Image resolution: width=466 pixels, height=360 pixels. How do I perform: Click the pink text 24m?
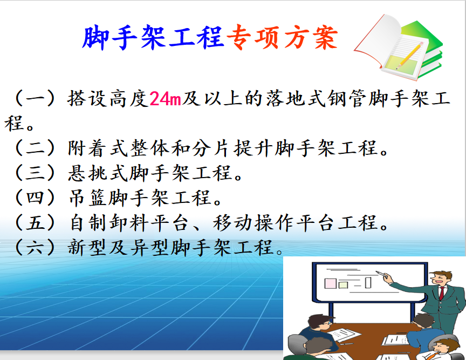pyautogui.click(x=165, y=99)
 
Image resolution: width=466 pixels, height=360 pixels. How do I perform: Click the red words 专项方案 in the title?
pyautogui.click(x=282, y=37)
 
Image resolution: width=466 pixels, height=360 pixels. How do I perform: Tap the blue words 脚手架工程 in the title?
pyautogui.click(x=153, y=37)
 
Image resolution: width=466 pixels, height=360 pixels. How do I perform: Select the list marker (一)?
pyautogui.click(x=35, y=98)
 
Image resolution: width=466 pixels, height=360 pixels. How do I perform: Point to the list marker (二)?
pyautogui.click(x=35, y=148)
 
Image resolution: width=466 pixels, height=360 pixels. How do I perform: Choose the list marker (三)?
pyautogui.click(x=35, y=173)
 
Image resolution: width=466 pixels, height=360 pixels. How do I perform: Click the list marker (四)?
pyautogui.click(x=35, y=198)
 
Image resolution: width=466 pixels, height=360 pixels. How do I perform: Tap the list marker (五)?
pyautogui.click(x=35, y=222)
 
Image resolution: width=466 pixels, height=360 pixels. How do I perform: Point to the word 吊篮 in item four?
pyautogui.click(x=88, y=198)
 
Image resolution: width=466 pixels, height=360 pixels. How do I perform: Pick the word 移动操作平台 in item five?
pyautogui.click(x=275, y=222)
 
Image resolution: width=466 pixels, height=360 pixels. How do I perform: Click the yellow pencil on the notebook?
pyautogui.click(x=410, y=56)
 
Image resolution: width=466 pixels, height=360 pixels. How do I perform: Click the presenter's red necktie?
pyautogui.click(x=442, y=294)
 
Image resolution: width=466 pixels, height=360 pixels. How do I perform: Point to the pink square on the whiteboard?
pyautogui.click(x=331, y=283)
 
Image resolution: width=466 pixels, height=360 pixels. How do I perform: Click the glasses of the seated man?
pyautogui.click(x=328, y=323)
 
